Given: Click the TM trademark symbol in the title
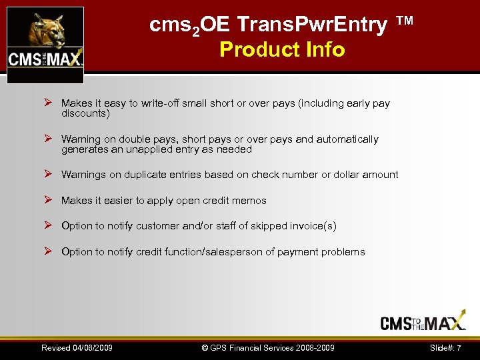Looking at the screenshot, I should tap(405, 21).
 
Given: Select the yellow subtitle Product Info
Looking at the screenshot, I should tap(282, 49).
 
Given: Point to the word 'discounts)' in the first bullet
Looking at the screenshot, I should tap(85, 113).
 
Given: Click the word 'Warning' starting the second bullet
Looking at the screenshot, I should tap(80, 139).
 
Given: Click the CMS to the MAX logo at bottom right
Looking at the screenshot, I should tap(423, 322).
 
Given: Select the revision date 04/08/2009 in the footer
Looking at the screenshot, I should tap(91, 348).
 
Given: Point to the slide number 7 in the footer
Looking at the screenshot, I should tap(459, 348).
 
